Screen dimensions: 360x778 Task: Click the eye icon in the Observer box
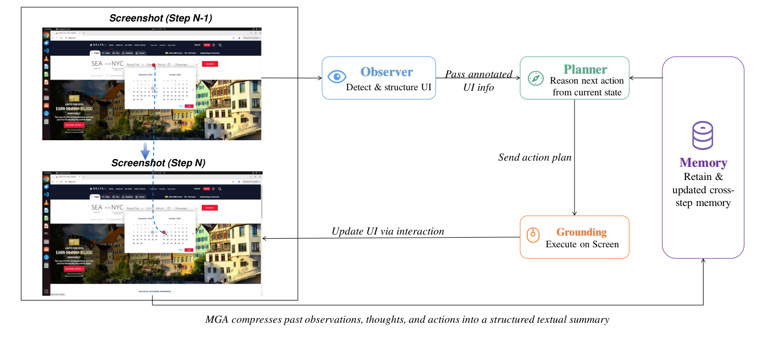[x=336, y=78]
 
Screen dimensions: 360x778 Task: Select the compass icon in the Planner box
[x=535, y=78]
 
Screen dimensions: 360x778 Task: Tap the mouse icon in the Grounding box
[x=533, y=235]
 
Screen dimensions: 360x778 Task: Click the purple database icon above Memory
[x=703, y=135]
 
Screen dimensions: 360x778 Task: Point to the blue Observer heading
[x=386, y=72]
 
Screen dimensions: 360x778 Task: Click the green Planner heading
[x=585, y=69]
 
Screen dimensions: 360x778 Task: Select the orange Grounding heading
[x=581, y=232]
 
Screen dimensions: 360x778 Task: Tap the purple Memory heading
[x=703, y=163]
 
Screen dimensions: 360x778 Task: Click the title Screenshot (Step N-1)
[x=161, y=18]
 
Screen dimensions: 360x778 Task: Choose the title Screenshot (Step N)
[x=158, y=163]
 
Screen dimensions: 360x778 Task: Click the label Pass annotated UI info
[x=478, y=81]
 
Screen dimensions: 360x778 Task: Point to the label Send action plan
[x=535, y=158]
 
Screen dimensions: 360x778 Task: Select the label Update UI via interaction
[x=387, y=231]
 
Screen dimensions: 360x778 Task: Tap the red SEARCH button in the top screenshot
[x=210, y=64]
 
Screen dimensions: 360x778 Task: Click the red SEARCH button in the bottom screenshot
[x=210, y=208]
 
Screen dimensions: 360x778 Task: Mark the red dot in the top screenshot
[x=153, y=65]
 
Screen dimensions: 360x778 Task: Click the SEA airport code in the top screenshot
[x=97, y=64]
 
